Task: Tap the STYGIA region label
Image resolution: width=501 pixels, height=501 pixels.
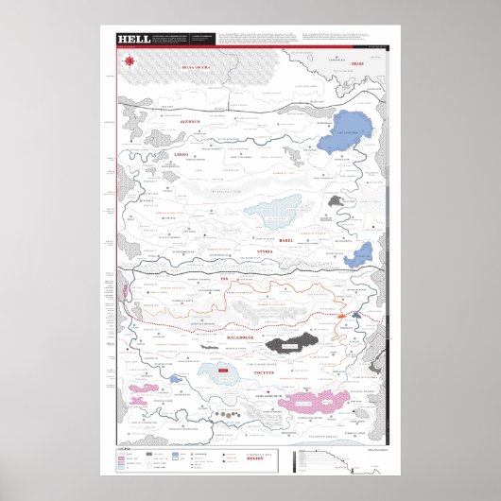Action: coord(266,252)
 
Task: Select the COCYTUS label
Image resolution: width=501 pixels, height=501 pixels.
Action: coord(290,372)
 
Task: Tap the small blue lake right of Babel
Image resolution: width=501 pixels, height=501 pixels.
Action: coord(359,253)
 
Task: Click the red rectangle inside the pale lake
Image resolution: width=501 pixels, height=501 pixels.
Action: coord(224,371)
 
